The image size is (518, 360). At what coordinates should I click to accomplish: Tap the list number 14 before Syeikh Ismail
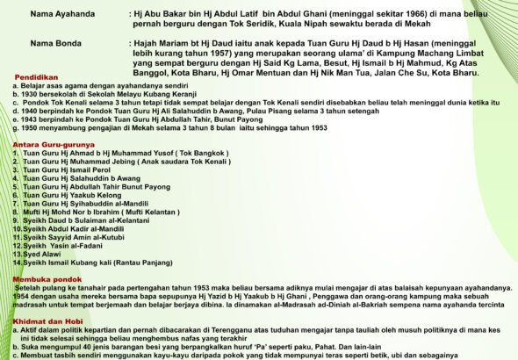(17, 263)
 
